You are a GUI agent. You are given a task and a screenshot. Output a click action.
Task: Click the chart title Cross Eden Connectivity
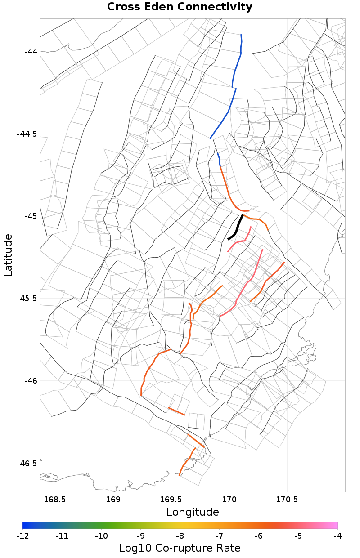pyautogui.click(x=180, y=7)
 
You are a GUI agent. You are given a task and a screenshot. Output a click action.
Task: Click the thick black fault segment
pyautogui.click(x=236, y=228)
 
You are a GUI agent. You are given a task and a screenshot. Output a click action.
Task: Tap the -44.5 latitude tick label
pyautogui.click(x=27, y=134)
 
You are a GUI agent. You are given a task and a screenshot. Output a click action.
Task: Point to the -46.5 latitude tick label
pyautogui.click(x=27, y=463)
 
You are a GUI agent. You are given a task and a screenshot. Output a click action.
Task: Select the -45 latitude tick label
pyautogui.click(x=30, y=216)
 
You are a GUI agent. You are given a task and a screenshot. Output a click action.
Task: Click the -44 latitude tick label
pyautogui.click(x=30, y=52)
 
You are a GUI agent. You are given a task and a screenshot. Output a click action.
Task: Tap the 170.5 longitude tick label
pyautogui.click(x=287, y=500)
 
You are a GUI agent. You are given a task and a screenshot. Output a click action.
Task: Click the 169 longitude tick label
pyautogui.click(x=112, y=500)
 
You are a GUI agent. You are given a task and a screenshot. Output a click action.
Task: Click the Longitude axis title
pyautogui.click(x=193, y=512)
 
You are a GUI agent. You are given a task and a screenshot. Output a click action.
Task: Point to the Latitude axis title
pyautogui.click(x=8, y=255)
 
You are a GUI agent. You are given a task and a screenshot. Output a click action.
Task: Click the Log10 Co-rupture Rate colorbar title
pyautogui.click(x=180, y=548)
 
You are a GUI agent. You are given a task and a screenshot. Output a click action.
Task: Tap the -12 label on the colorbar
pyautogui.click(x=22, y=536)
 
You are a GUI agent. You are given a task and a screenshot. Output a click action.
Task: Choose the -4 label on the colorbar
pyautogui.click(x=337, y=536)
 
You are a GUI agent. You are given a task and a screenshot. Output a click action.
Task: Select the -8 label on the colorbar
pyautogui.click(x=180, y=536)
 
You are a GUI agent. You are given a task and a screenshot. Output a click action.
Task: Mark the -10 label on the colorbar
pyautogui.click(x=101, y=536)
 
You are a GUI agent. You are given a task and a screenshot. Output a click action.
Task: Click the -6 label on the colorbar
pyautogui.click(x=259, y=536)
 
